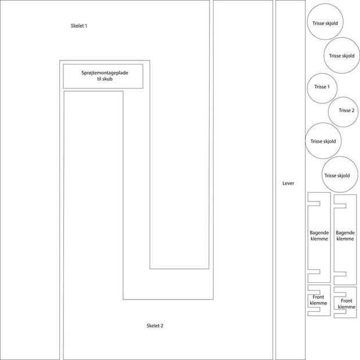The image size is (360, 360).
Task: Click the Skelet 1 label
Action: [79, 26]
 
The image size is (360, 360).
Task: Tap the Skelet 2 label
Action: [155, 326]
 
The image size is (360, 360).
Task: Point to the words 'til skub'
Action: [105, 79]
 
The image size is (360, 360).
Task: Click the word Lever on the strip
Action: [289, 183]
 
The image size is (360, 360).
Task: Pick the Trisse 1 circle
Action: [322, 87]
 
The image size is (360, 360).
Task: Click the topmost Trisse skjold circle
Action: [325, 23]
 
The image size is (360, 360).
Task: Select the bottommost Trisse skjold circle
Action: [339, 175]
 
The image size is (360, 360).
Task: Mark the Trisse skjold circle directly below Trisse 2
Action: [323, 141]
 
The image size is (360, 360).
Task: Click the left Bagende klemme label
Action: [319, 236]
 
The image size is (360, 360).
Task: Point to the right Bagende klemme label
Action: [345, 236]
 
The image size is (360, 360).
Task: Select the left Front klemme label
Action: [318, 300]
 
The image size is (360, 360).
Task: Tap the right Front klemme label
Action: [347, 304]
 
